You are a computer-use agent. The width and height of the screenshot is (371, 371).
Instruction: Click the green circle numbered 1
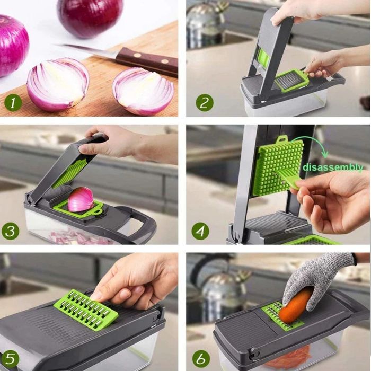13,101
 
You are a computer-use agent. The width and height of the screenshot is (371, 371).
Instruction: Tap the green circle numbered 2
204,101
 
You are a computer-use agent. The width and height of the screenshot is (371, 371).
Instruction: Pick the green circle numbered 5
10,359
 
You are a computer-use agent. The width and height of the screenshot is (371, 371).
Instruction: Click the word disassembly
333,167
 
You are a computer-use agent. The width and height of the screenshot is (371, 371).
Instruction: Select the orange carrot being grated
295,306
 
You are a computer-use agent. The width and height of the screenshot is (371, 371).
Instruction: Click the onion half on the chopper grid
81,199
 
